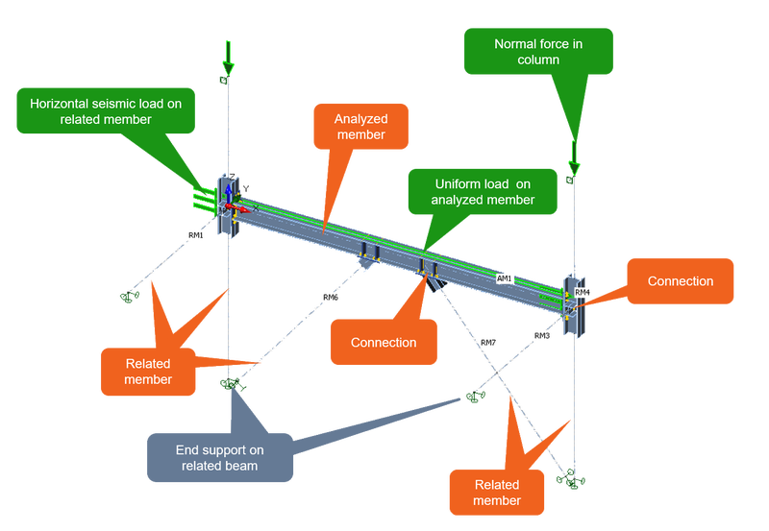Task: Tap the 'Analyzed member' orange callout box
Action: [x=360, y=127]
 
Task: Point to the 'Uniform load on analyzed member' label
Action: [x=469, y=191]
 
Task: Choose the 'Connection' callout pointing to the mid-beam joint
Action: [x=383, y=342]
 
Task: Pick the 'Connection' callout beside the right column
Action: [x=680, y=281]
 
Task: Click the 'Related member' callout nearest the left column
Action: [x=147, y=371]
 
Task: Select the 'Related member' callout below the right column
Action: [x=496, y=492]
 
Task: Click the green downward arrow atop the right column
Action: [x=572, y=153]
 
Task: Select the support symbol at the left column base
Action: [x=229, y=384]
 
